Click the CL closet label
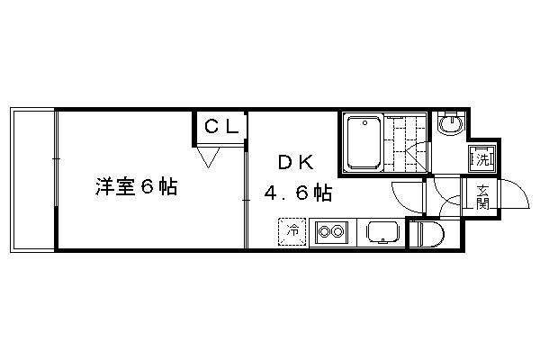click(x=221, y=126)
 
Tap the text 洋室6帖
click(x=137, y=187)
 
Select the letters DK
click(x=296, y=162)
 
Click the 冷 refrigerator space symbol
click(x=292, y=231)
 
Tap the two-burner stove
click(x=331, y=231)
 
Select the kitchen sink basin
click(x=382, y=232)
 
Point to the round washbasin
click(x=450, y=123)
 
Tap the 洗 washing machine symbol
click(x=482, y=159)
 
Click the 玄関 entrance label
click(x=482, y=197)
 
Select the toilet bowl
click(x=427, y=234)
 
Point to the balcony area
click(x=32, y=180)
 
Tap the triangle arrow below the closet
click(x=208, y=157)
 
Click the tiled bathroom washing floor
click(x=406, y=143)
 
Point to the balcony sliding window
click(x=56, y=179)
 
